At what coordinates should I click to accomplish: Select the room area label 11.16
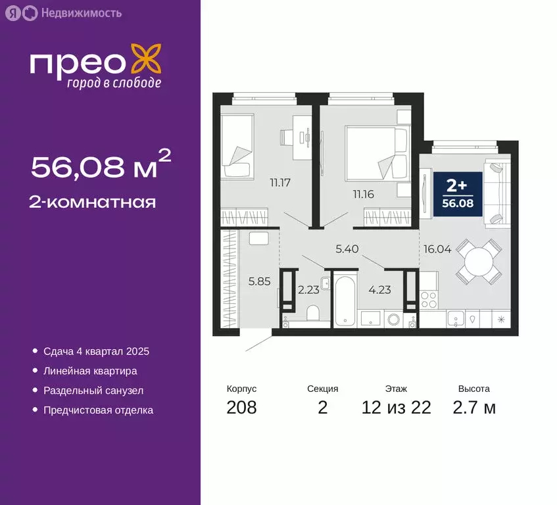[x=362, y=194]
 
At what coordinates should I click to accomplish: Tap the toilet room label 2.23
[x=309, y=290]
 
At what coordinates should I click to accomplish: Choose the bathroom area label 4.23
[x=380, y=290]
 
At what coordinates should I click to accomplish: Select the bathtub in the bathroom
[x=345, y=303]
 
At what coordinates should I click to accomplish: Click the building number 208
[x=241, y=408]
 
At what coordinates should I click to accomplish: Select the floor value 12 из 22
[x=396, y=408]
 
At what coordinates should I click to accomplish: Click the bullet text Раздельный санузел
[x=93, y=391]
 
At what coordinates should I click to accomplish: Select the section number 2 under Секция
[x=322, y=408]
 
